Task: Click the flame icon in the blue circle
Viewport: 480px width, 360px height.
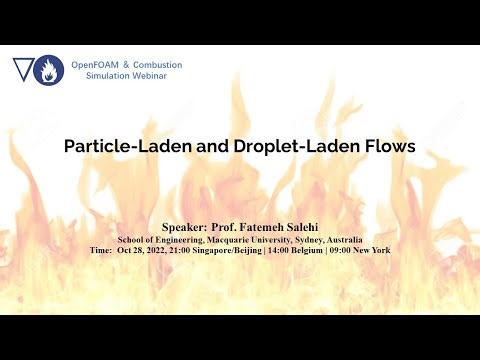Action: [48, 71]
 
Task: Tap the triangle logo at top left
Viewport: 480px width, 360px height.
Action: [22, 69]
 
